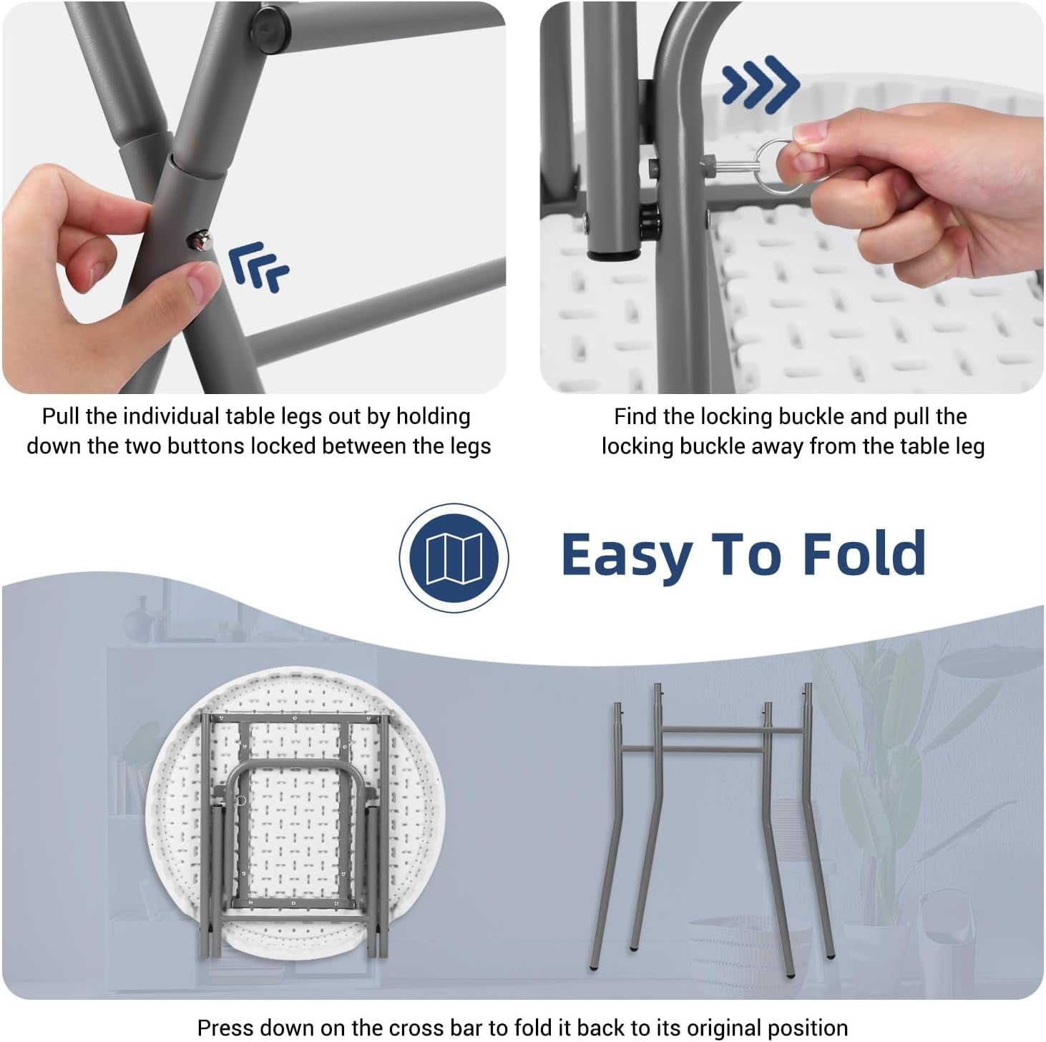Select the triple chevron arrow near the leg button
258,267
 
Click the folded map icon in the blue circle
454,559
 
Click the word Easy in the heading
626,556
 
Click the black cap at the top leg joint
270,21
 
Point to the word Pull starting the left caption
62,416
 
